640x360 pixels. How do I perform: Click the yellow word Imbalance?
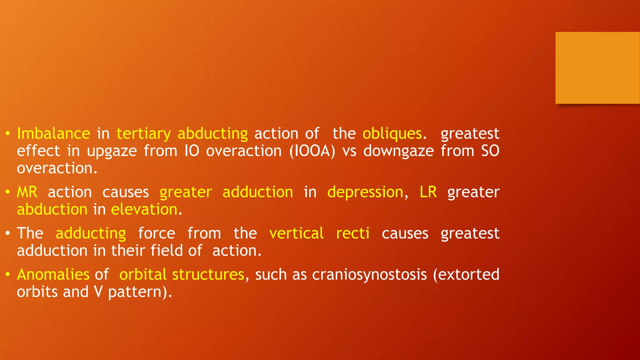coord(53,134)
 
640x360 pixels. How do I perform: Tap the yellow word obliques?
coord(392,134)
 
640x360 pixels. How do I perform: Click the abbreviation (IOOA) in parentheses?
coord(312,151)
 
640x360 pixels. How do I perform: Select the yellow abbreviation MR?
coord(27,192)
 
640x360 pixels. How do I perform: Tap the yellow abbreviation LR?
coord(428,192)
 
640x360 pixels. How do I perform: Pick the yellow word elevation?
coord(144,209)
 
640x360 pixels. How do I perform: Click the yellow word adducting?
coord(91,234)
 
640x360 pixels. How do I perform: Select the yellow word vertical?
coord(296,233)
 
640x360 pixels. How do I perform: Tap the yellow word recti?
coord(352,233)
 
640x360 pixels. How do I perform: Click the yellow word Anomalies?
coord(53,274)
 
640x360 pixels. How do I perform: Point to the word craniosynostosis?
coord(369,275)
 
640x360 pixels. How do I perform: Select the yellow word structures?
coord(208,274)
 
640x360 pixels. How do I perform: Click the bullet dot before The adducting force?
coord(8,234)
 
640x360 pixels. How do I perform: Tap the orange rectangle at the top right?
coord(597,67)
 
